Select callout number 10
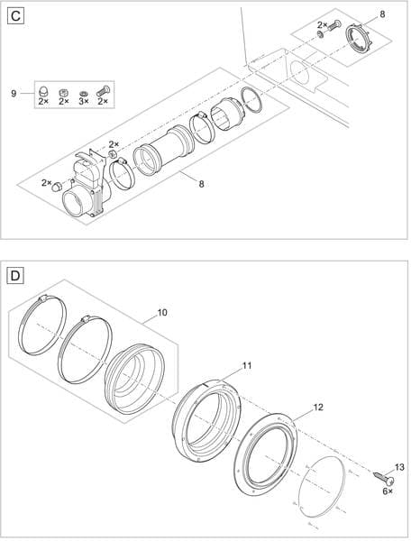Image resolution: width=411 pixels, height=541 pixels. pos(162,313)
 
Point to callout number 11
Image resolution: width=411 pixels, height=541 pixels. pos(247,366)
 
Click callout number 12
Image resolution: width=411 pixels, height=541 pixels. pos(317,408)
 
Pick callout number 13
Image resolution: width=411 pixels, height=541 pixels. pos(399,465)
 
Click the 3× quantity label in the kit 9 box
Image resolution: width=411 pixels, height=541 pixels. pos(83,102)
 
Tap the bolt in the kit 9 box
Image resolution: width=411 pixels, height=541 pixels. pos(102,90)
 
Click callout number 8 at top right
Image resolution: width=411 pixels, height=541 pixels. pos(381,15)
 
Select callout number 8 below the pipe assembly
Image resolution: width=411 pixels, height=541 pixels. pos(201,184)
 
